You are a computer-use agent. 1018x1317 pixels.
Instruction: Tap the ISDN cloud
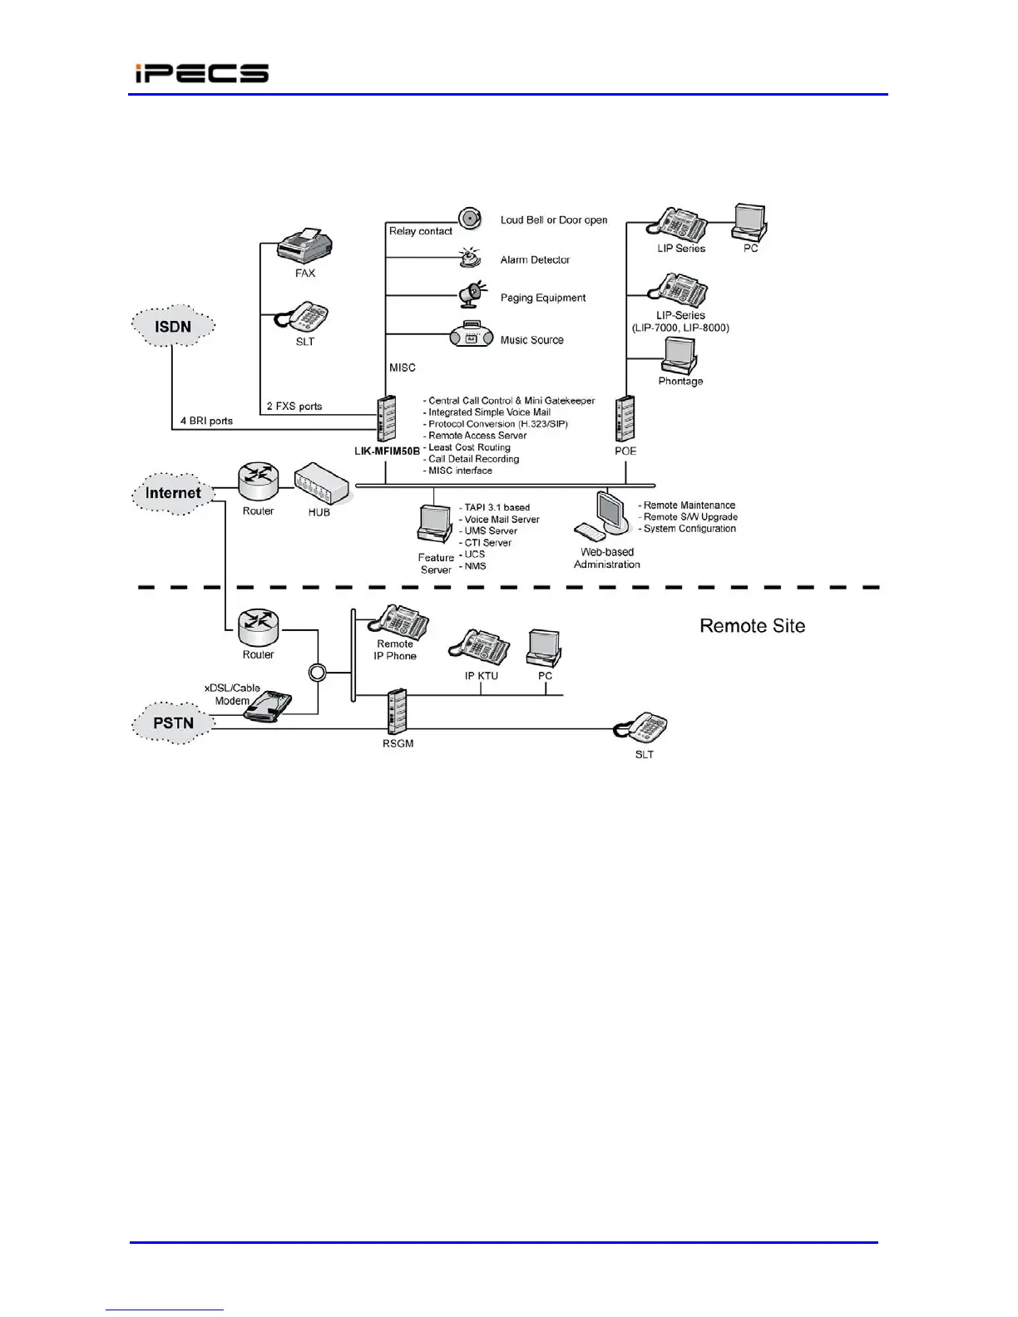pyautogui.click(x=173, y=326)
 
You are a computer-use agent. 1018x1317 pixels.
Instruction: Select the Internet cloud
pyautogui.click(x=173, y=493)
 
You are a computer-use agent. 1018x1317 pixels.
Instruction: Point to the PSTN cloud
pyautogui.click(x=173, y=723)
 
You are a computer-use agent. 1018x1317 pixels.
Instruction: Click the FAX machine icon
pyautogui.click(x=304, y=245)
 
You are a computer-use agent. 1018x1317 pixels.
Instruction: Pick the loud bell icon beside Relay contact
pyautogui.click(x=471, y=219)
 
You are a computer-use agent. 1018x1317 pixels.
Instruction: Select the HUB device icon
pyautogui.click(x=322, y=484)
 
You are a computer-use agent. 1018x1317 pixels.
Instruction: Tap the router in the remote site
pyautogui.click(x=258, y=628)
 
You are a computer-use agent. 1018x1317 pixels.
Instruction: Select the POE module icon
pyautogui.click(x=625, y=418)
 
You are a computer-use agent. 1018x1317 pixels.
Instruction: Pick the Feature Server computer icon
pyautogui.click(x=435, y=525)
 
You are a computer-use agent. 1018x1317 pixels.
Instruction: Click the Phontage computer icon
pyautogui.click(x=679, y=356)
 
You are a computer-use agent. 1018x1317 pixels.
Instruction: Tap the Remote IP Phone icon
pyautogui.click(x=401, y=621)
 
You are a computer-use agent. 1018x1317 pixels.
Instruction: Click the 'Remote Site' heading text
pyautogui.click(x=752, y=626)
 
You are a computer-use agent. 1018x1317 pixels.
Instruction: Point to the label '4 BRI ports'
pyautogui.click(x=206, y=421)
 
